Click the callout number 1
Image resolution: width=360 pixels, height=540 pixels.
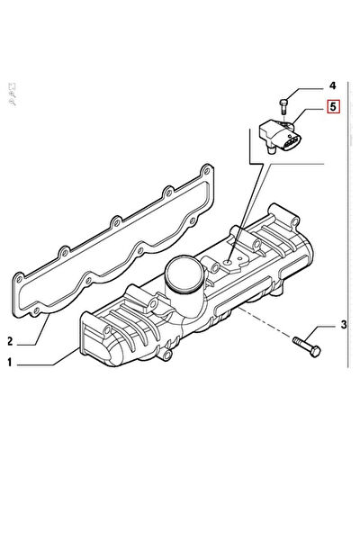[11, 364]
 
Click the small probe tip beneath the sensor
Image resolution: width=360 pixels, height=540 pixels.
[270, 154]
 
